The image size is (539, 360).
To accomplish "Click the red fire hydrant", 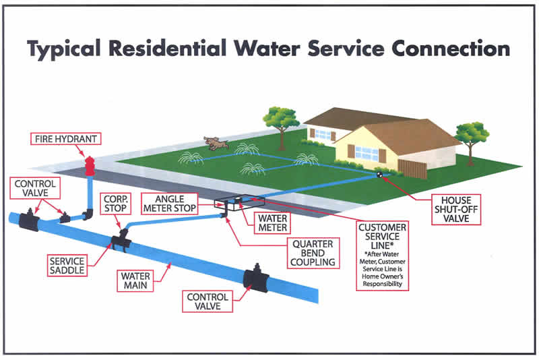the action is click(90, 166).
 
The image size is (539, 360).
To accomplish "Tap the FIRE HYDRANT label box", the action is click(65, 139).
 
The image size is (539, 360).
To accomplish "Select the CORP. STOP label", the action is click(115, 204).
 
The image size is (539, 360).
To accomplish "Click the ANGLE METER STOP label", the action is click(170, 204).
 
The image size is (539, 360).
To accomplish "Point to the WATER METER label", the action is click(272, 222).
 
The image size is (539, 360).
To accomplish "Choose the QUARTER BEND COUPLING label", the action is click(313, 253).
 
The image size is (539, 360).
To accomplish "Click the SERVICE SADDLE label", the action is click(67, 266).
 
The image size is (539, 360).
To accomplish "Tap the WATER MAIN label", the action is click(135, 280).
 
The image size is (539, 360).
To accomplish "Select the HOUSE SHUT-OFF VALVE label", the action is click(456, 210).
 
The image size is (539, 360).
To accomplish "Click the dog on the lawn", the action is click(216, 143).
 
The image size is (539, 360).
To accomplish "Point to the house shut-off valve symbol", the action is click(379, 175).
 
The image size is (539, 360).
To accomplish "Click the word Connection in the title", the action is click(451, 49).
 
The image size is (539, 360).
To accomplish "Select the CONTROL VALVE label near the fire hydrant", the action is click(35, 188).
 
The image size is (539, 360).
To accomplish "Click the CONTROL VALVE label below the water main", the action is click(208, 301).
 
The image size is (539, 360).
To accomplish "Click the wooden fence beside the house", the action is click(412, 169).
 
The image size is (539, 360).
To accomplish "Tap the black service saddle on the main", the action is click(120, 241).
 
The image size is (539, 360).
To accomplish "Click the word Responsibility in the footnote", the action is click(382, 284).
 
